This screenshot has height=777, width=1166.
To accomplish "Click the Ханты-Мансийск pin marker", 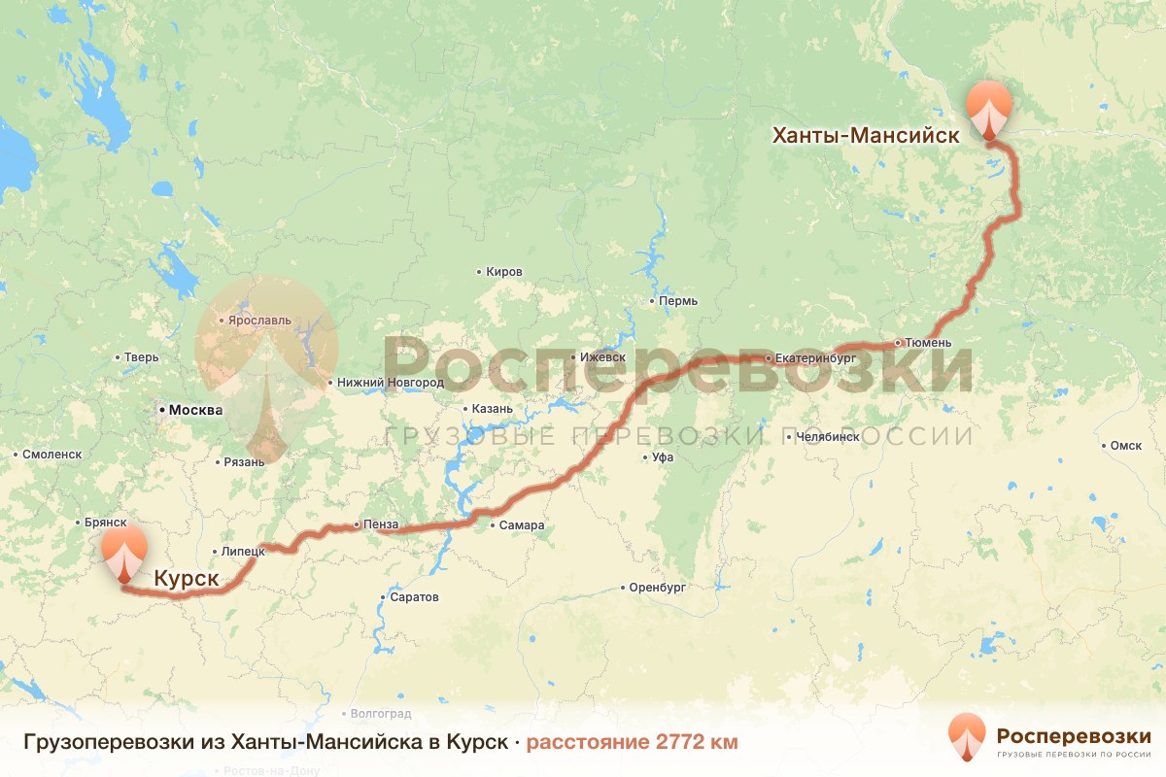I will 989,109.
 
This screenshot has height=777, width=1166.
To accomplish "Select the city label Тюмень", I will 934,343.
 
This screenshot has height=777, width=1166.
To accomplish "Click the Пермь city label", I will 677,301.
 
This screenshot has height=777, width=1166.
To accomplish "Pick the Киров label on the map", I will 503,272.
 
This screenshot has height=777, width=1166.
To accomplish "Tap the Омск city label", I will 1125,446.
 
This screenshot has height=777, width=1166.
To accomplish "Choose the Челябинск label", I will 827,437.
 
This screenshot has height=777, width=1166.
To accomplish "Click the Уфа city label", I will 664,456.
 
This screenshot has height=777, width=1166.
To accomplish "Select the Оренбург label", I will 658,588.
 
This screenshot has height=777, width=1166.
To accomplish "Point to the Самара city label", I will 522,525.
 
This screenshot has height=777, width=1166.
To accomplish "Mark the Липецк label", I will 243,551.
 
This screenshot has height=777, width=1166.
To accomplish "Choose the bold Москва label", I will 195,410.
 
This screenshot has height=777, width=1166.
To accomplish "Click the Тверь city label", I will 141,357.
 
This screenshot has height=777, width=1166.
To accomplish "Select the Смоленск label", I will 53,454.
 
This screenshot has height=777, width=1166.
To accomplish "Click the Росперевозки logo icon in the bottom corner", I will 967,736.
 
